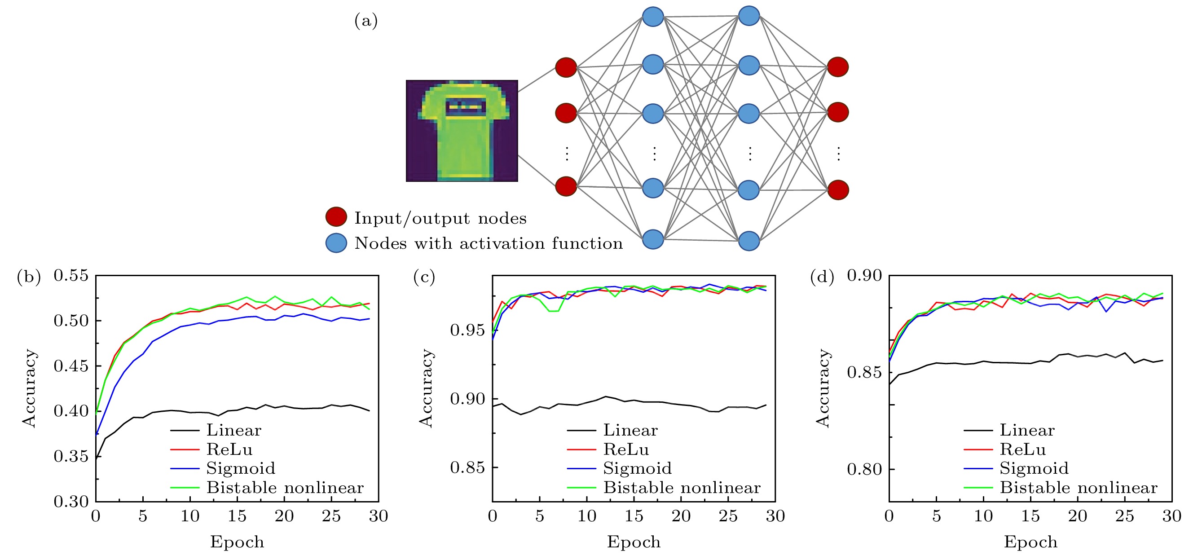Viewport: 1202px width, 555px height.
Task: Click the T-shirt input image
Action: pos(462,130)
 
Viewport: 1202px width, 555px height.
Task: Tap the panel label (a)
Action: pos(366,21)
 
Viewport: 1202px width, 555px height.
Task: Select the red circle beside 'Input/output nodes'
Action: pos(336,216)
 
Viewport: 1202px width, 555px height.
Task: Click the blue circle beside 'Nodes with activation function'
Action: pos(336,243)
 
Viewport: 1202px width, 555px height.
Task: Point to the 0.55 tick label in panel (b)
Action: pos(71,275)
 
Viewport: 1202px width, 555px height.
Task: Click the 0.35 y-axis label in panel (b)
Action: pos(71,456)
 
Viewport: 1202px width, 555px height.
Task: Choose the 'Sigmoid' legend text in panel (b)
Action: pos(241,468)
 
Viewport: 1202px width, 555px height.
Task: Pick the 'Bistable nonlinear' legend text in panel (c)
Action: pos(682,487)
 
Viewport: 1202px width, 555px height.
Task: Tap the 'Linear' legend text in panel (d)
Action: pos(1027,430)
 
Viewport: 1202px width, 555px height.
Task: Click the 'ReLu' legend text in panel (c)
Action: pos(626,449)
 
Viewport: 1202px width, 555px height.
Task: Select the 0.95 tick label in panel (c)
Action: pos(467,330)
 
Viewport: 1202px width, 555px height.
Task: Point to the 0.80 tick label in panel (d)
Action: pos(864,469)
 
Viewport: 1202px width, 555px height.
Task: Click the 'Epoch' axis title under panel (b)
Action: pos(237,542)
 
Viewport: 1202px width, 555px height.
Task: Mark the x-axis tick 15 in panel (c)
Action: pos(634,516)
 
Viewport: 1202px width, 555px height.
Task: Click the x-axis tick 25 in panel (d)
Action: pos(1124,516)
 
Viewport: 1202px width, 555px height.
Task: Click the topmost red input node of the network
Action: pos(566,67)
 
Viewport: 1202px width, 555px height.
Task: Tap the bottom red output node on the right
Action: pos(838,189)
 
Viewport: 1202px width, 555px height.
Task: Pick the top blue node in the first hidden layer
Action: pos(653,17)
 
